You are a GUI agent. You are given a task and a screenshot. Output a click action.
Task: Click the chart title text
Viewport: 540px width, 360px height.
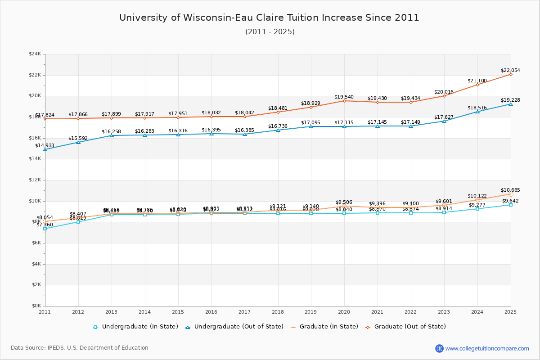269,18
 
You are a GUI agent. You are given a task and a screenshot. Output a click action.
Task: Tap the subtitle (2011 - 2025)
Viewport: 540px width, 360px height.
270,32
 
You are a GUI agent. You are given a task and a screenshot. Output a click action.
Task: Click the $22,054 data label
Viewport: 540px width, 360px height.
510,70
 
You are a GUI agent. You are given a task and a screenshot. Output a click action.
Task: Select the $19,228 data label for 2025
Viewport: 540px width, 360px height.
510,100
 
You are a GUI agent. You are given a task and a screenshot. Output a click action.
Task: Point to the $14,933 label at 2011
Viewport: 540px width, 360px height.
45,145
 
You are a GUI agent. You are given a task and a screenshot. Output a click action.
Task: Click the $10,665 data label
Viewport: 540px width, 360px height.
510,190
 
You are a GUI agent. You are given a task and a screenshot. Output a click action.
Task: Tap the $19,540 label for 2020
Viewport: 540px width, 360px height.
344,97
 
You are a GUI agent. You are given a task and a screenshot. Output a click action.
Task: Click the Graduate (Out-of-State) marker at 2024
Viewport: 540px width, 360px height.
477,85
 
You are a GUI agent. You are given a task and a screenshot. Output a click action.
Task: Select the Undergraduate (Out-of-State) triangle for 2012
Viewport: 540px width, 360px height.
78,142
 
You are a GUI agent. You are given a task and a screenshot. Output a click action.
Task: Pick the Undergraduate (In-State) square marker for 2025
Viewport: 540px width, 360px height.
511,205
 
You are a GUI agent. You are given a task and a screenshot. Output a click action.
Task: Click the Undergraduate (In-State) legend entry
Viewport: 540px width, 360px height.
135,327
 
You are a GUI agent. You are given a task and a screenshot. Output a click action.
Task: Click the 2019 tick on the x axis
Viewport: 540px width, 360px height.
311,311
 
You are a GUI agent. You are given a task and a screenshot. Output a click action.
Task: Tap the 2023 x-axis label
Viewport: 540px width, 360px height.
444,311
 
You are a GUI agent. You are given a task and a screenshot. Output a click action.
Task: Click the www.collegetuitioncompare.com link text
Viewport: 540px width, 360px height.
487,348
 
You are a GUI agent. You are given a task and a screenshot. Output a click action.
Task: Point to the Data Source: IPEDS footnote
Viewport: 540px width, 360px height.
80,348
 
